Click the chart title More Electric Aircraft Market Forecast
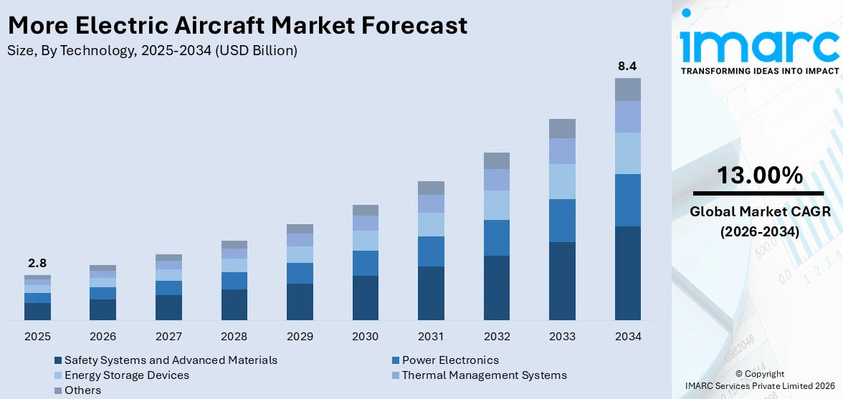237,25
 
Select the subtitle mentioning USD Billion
152,50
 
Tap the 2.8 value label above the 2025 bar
37,263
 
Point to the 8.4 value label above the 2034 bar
627,66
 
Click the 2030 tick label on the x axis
366,336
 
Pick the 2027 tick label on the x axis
168,336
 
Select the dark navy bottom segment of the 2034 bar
627,273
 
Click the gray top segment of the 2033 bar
562,128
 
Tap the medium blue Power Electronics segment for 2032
496,238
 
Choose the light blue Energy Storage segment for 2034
627,153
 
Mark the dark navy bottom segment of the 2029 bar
300,302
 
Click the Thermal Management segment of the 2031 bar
431,204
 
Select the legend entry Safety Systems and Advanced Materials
171,360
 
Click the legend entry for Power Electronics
450,360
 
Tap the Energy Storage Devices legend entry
127,375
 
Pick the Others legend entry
82,390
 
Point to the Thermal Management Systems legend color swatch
396,375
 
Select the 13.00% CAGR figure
759,175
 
